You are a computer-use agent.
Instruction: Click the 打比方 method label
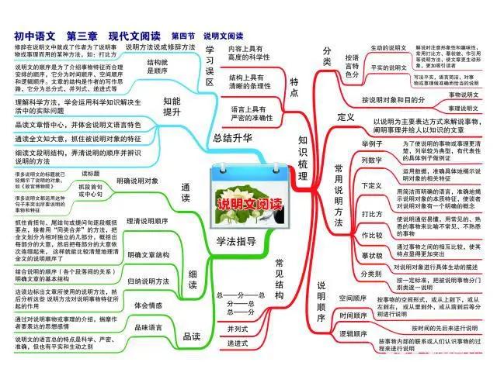coord(373,213)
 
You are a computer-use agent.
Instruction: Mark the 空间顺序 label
coord(353,298)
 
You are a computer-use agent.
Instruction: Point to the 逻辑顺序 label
coord(353,332)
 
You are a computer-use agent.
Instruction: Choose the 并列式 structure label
coord(238,329)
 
